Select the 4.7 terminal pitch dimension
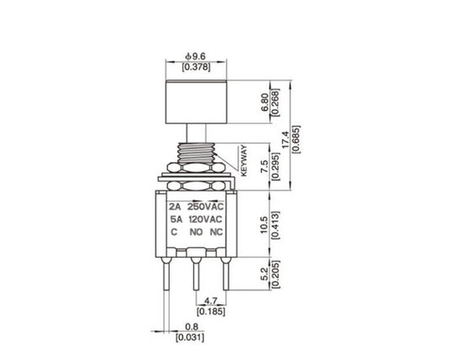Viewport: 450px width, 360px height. pos(214,300)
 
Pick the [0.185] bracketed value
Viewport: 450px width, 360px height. pos(214,312)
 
